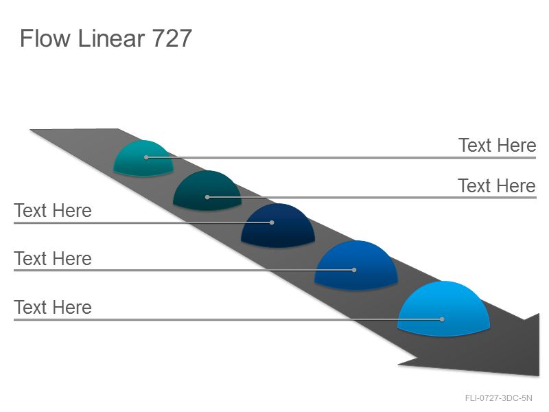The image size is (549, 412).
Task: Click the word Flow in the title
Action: [45, 38]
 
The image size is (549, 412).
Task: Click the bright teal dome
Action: [143, 158]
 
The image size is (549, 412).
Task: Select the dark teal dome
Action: [207, 191]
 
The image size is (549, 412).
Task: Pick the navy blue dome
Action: [278, 226]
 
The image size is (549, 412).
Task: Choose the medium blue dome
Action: [356, 265]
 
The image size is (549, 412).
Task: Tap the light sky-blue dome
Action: [443, 308]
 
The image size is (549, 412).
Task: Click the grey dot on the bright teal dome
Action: [146, 158]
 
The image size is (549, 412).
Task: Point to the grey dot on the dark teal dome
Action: [207, 197]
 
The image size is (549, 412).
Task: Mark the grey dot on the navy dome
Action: [272, 222]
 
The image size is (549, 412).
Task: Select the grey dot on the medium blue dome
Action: [354, 270]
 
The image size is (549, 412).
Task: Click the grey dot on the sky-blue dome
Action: [442, 319]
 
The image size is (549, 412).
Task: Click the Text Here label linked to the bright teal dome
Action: [497, 145]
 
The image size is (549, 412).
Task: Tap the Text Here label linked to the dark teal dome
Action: [497, 185]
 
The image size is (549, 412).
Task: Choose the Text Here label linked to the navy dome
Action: [53, 211]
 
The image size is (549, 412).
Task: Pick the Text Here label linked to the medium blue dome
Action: [53, 259]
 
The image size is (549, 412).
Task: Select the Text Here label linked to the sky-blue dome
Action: [53, 307]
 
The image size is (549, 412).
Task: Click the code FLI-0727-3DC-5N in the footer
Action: [499, 398]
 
